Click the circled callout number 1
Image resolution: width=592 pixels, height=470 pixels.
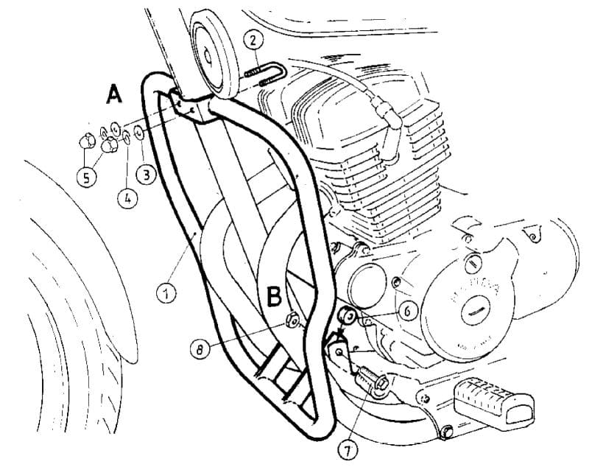(166, 293)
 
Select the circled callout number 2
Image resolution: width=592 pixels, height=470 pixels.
(252, 39)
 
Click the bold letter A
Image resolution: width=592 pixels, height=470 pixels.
(114, 93)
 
